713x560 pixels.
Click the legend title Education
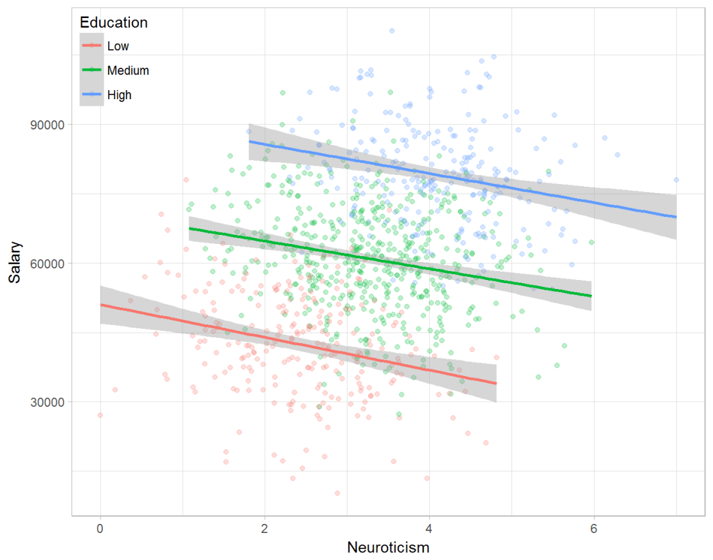tap(113, 23)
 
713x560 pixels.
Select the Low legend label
tap(118, 46)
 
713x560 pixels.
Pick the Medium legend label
tap(129, 70)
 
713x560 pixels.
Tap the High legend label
tap(120, 95)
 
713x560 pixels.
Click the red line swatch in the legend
tap(92, 46)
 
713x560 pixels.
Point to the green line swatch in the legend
tap(92, 70)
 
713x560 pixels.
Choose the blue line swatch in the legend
tap(92, 95)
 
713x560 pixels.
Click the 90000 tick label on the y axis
tap(48, 124)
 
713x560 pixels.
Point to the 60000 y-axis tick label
tap(48, 263)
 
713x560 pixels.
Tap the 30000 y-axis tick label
tap(48, 402)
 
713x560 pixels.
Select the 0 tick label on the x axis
tap(100, 527)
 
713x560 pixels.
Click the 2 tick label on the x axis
tap(264, 527)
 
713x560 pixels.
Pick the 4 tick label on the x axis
tap(429, 527)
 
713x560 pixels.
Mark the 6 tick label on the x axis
tap(594, 527)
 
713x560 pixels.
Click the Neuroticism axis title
tap(388, 548)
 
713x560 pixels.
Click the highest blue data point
tap(391, 30)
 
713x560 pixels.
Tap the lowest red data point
tap(337, 493)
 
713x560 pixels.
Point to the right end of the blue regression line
tap(676, 217)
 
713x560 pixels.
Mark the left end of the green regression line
tap(189, 229)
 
